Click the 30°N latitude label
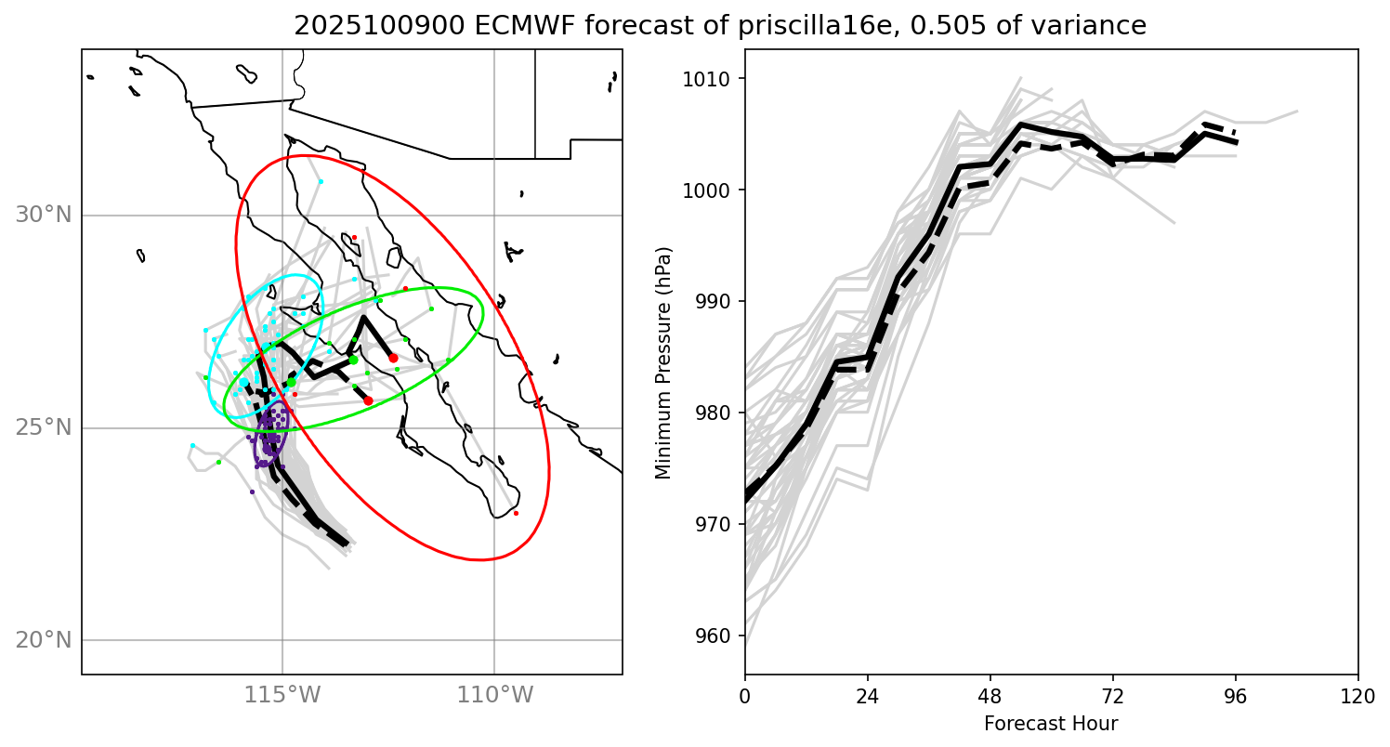click(x=44, y=216)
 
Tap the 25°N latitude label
click(x=44, y=428)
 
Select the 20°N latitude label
click(x=44, y=640)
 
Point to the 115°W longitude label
click(x=282, y=693)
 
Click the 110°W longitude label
click(x=494, y=693)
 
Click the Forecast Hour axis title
click(x=1051, y=723)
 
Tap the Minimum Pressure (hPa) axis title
click(x=663, y=363)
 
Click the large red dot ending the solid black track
click(x=393, y=358)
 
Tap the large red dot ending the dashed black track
click(x=368, y=400)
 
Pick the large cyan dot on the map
click(x=243, y=382)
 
